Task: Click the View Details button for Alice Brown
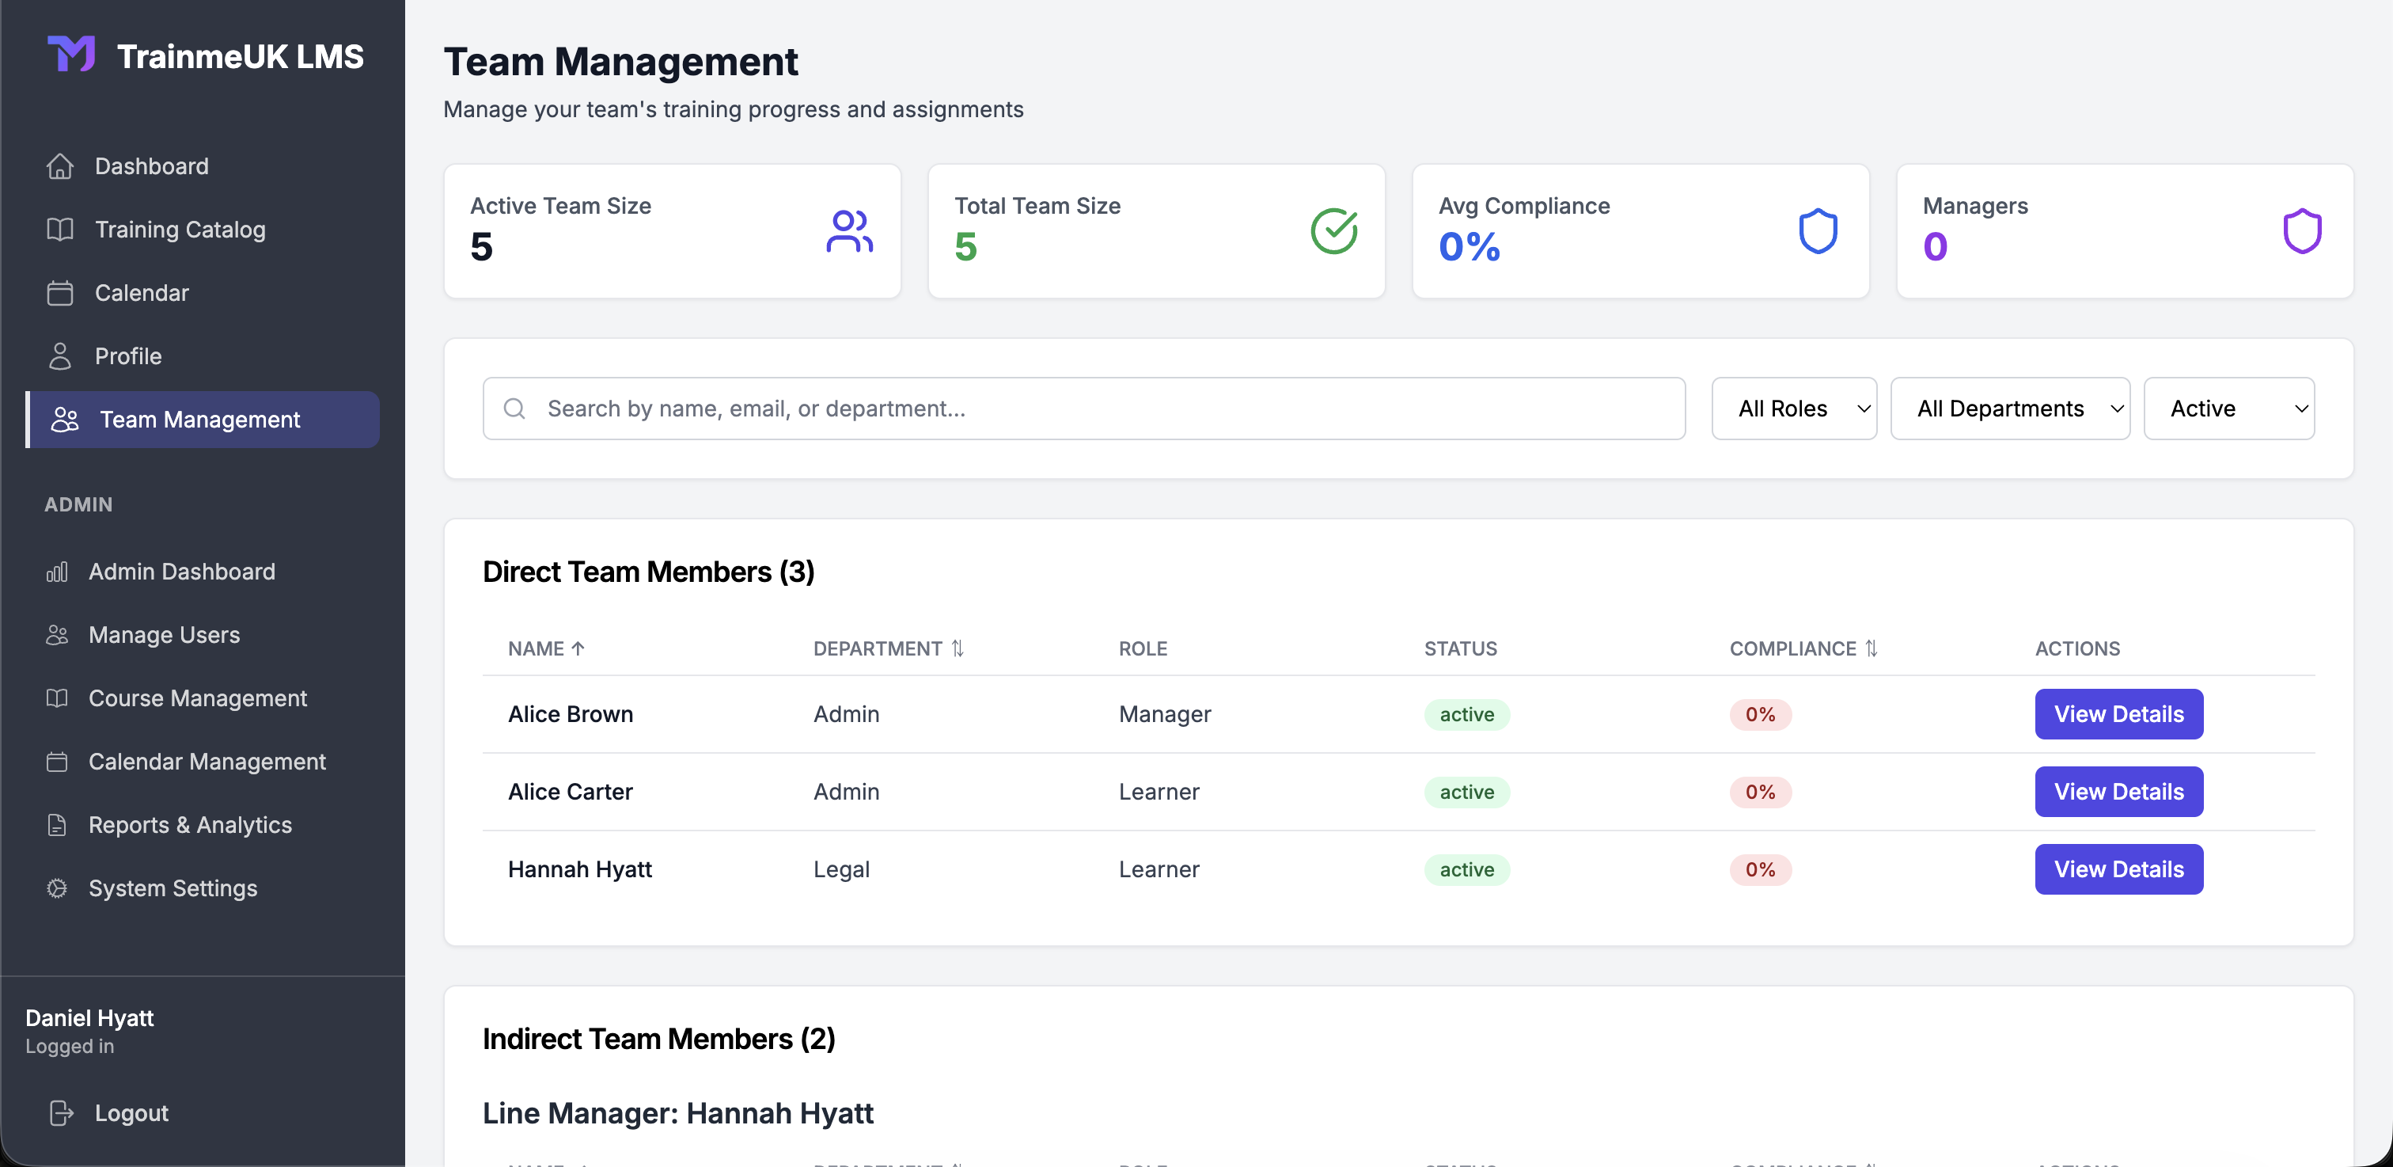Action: click(x=2118, y=713)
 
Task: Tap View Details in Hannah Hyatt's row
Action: click(x=2118, y=869)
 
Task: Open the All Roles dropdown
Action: click(x=1793, y=409)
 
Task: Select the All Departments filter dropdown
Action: click(x=2009, y=409)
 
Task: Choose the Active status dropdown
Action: click(x=2228, y=409)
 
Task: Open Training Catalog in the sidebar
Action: click(x=180, y=230)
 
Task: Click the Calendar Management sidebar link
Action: click(x=207, y=762)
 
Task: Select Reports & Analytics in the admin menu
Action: click(x=189, y=825)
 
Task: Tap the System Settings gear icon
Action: click(x=58, y=888)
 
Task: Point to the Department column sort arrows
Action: click(x=958, y=648)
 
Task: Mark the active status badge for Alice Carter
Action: click(x=1467, y=792)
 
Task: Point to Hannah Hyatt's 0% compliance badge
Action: click(x=1759, y=869)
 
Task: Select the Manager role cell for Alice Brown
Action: click(x=1165, y=714)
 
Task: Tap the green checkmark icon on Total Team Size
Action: click(x=1334, y=231)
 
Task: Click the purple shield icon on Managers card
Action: click(x=2302, y=231)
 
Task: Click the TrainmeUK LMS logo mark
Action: click(x=71, y=54)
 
